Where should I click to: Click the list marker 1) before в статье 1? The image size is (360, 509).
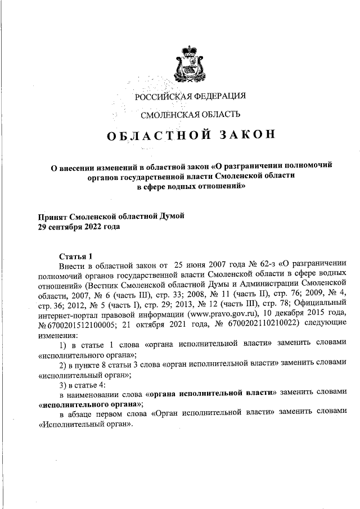[64, 343]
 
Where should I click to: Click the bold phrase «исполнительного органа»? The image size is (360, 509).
[83, 404]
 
